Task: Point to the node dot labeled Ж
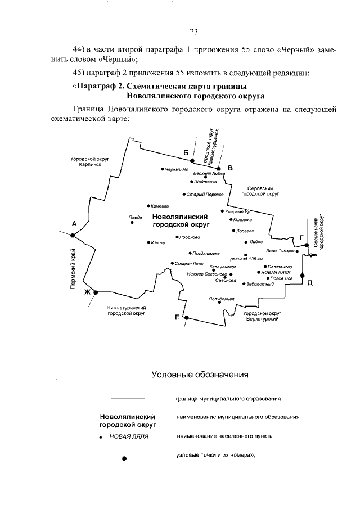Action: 96,292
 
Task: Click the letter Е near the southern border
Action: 177,318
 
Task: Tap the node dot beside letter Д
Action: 303,275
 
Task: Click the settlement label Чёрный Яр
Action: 175,169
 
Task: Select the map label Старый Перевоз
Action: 205,194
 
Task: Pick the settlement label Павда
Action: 135,217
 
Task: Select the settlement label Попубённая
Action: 221,299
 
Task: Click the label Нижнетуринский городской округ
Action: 127,310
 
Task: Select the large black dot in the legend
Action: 124,458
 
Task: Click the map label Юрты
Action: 158,242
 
